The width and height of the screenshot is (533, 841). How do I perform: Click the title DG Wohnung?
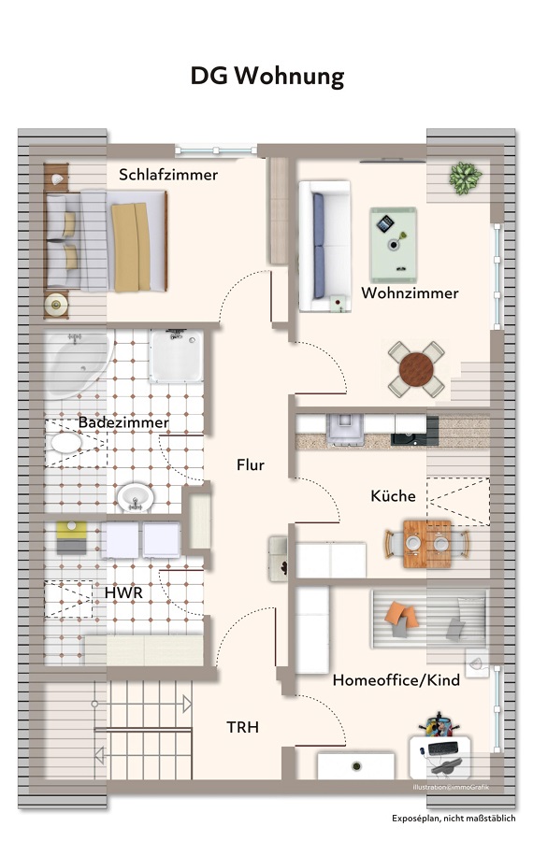[266, 76]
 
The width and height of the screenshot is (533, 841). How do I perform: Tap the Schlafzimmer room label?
[168, 175]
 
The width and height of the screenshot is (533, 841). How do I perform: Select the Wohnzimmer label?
[410, 293]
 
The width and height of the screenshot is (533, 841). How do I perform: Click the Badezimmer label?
[123, 422]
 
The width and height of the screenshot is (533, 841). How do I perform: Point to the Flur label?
[251, 464]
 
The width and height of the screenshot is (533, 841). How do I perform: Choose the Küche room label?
[393, 495]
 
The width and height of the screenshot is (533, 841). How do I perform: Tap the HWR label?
[123, 592]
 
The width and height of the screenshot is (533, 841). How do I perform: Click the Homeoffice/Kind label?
[396, 680]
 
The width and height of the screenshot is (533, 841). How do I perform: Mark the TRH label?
[242, 727]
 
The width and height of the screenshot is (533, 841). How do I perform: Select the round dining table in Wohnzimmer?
[416, 369]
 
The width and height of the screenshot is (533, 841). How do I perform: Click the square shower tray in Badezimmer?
[176, 355]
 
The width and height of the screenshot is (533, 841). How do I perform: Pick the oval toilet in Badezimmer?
[65, 442]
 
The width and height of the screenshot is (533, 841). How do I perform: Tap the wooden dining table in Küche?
[426, 542]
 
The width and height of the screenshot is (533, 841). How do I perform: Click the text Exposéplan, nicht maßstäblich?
[454, 818]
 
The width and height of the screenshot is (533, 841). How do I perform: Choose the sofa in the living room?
[323, 246]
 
